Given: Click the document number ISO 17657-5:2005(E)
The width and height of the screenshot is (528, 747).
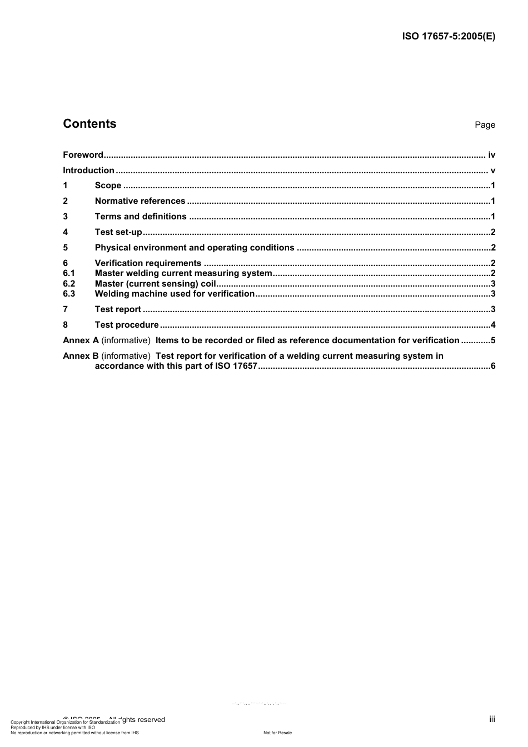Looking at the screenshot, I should [448, 37].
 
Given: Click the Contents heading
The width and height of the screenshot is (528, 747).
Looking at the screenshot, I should [89, 124].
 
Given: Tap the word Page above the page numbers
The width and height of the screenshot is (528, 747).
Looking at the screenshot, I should [485, 125].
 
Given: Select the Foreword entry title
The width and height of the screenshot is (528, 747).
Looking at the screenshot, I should [83, 155].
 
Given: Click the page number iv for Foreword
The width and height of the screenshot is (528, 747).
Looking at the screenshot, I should [491, 155].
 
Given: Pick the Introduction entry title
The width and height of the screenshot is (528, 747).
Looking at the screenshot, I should [88, 171].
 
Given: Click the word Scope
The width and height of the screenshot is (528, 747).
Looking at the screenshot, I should [108, 186].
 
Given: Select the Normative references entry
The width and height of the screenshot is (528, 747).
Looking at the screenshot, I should [140, 201].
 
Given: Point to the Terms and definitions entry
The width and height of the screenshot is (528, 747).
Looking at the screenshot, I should [141, 217].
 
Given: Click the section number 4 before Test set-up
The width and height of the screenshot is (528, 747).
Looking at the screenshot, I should [66, 232].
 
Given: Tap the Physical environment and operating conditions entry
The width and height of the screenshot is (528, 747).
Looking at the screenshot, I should [195, 248].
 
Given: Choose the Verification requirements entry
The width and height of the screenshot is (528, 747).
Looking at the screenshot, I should [148, 263].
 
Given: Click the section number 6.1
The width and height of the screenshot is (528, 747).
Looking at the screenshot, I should [69, 273].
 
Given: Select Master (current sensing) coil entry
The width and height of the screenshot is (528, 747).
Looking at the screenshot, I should [156, 284].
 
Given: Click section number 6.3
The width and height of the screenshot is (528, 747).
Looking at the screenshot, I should [69, 294].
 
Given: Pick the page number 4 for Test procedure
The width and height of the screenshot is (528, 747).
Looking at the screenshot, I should [493, 325].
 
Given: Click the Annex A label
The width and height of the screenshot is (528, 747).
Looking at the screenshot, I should [81, 340].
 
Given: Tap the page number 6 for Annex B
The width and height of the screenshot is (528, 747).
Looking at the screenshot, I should [493, 366].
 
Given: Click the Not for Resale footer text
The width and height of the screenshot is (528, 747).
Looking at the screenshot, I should [277, 733].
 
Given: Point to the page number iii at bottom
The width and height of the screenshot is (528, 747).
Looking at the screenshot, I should [492, 719].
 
